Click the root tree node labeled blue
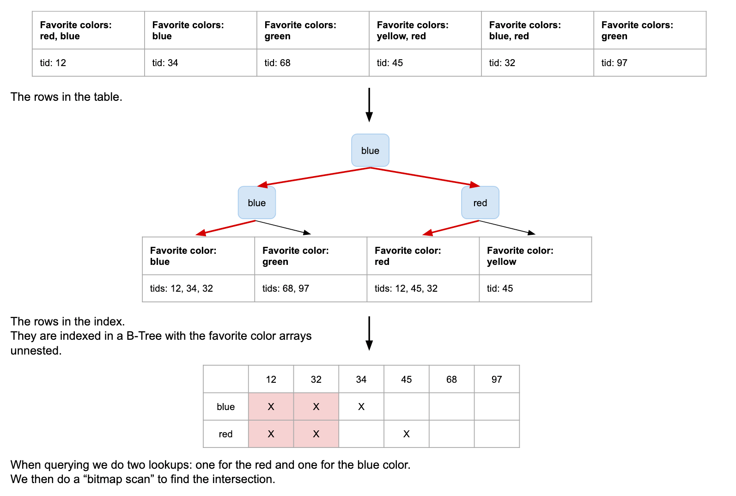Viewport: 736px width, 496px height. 370,150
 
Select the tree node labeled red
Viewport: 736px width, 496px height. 480,202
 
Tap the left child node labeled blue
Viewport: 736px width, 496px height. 256,202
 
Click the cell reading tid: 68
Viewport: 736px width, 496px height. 313,63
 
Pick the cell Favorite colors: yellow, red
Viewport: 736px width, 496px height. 425,31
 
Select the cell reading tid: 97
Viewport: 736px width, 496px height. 650,63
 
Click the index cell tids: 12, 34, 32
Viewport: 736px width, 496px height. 198,288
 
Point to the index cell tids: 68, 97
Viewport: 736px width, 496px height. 310,288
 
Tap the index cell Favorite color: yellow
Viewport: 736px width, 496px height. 535,256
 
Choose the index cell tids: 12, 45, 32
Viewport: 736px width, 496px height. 423,288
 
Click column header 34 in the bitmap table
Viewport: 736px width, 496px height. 361,380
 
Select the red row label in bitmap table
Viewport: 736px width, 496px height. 225,434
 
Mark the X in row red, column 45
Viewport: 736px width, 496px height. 406,434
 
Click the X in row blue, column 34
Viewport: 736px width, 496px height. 361,407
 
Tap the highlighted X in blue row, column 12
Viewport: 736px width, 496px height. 271,407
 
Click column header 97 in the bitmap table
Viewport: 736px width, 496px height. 497,380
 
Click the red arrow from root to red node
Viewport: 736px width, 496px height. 425,177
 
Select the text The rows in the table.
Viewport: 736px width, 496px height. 67,97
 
